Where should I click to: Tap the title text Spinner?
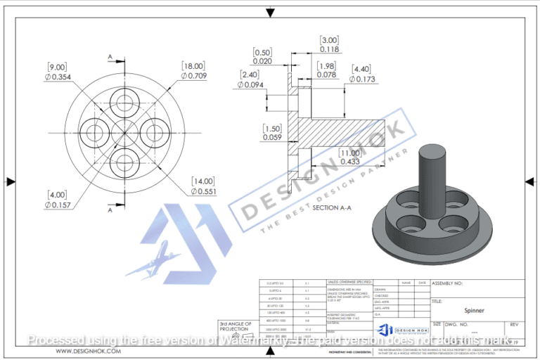tap(474, 309)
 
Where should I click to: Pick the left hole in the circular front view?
tap(94, 131)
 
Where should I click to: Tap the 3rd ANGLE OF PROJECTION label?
tap(235, 326)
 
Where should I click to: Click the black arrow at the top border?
tap(269, 12)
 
